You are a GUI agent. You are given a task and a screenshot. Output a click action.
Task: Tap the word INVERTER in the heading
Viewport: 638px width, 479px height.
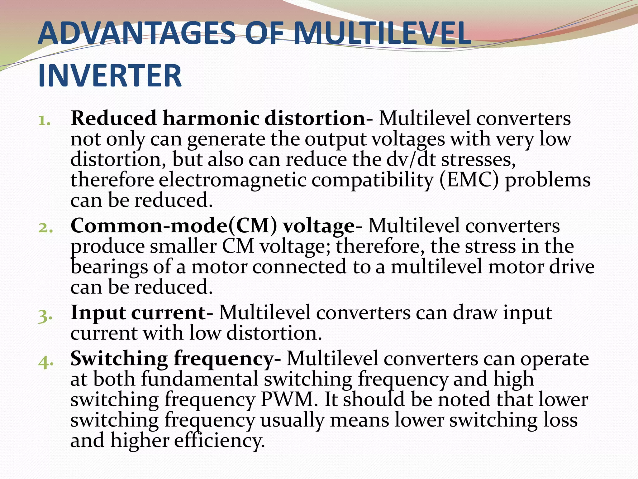coord(110,76)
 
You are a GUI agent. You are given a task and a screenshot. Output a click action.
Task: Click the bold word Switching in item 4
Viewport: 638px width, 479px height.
coord(119,359)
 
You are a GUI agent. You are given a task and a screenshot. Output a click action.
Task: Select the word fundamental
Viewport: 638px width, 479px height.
coord(200,379)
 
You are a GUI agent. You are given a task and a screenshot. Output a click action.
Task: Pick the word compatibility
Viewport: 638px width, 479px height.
coord(372,181)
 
